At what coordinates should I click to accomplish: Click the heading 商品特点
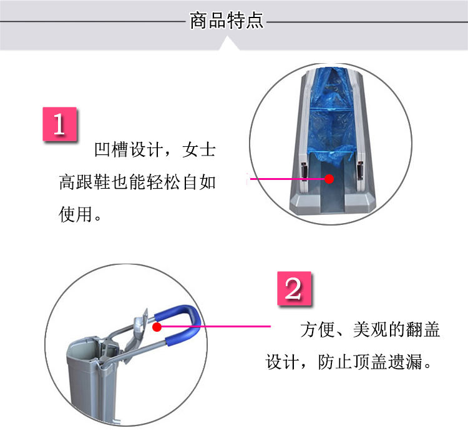tap(227, 21)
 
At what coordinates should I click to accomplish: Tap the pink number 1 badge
tap(60, 124)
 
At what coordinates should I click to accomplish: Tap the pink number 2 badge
tap(295, 289)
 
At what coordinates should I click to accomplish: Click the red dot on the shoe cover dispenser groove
tap(329, 179)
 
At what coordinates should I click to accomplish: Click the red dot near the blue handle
tap(157, 327)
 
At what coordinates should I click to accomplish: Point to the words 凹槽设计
tap(130, 149)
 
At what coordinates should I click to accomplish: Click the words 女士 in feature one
tap(199, 149)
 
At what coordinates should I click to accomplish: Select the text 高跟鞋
tap(85, 182)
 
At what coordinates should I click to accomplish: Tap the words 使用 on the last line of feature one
tap(76, 214)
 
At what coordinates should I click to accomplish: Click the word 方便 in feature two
tap(317, 329)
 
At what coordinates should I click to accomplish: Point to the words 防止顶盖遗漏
tap(370, 362)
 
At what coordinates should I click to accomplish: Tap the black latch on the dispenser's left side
tap(304, 171)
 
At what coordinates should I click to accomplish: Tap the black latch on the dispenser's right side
tap(360, 170)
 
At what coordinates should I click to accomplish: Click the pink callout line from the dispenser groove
tap(288, 179)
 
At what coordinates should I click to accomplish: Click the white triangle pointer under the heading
tap(228, 43)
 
